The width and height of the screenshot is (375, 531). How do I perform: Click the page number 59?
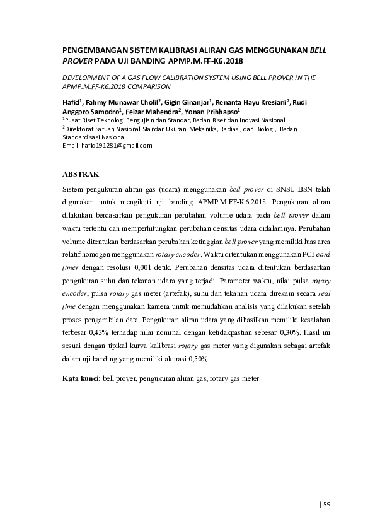click(327, 503)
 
